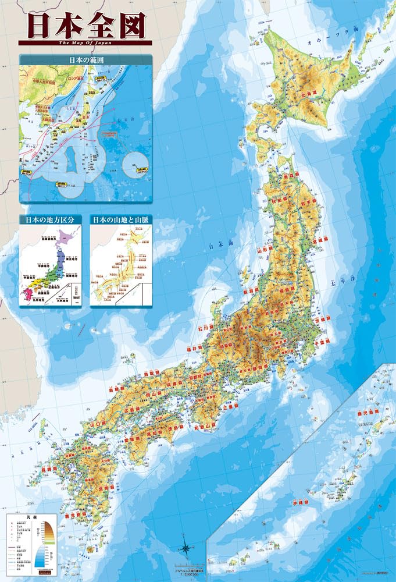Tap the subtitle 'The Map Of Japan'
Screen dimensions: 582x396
point(85,42)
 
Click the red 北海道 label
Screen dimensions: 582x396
point(308,92)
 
